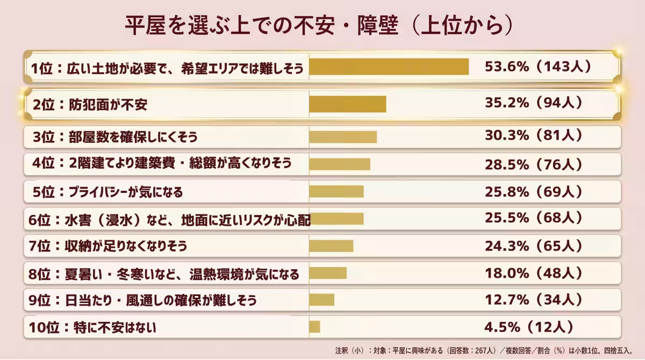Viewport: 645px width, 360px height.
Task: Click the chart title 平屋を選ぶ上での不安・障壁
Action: coord(317,25)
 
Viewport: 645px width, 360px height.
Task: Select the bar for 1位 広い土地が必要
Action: coord(389,67)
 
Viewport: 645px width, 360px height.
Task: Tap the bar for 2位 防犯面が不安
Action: coord(347,104)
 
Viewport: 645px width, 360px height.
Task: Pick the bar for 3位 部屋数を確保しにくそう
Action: coord(342,136)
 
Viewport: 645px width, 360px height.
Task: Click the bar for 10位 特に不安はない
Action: coord(314,326)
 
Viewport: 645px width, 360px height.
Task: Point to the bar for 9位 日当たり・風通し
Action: coord(321,299)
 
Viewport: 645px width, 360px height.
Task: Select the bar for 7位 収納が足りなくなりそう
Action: coord(331,246)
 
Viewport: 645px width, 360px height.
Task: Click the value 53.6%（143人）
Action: coord(538,67)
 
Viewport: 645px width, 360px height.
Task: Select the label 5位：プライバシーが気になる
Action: coord(107,191)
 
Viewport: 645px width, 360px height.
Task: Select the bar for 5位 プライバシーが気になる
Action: coord(336,191)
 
